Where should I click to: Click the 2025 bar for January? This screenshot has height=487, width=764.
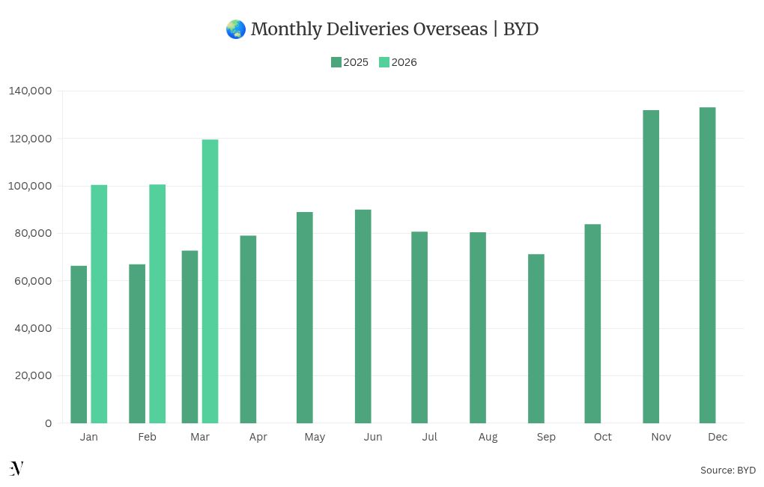pos(79,345)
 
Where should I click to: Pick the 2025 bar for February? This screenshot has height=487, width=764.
pos(137,344)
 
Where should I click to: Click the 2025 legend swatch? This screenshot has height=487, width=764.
pos(336,62)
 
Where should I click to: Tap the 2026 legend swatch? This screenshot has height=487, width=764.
pos(384,62)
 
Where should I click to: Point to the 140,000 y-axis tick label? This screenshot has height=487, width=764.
pos(31,91)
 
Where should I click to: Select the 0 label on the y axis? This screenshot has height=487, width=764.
pos(48,423)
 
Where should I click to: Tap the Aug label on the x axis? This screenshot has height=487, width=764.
pos(488,437)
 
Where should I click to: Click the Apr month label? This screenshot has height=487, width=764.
pos(258,437)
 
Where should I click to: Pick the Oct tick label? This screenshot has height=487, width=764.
pos(602,437)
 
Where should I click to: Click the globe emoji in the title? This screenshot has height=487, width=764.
pos(235,29)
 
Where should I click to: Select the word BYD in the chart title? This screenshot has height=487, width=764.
pos(521,29)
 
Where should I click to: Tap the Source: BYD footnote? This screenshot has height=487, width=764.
pos(727,470)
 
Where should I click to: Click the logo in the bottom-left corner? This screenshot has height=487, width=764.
pos(16,468)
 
